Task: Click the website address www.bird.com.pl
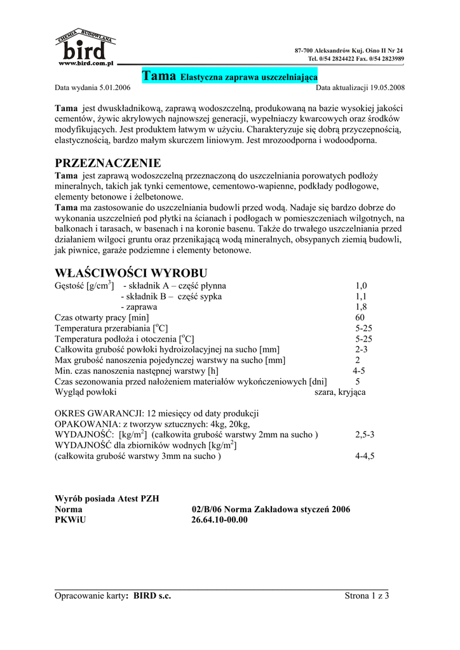85,63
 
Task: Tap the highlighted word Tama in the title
159,76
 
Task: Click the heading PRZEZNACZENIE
108,163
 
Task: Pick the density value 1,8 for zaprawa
362,307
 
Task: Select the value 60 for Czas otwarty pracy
360,317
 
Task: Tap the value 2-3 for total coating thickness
362,349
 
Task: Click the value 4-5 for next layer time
360,371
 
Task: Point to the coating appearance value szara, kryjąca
340,392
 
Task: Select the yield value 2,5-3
365,435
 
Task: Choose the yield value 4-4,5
365,456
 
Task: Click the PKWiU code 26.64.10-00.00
219,520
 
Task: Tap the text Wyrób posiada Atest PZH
107,498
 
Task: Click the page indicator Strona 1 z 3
367,595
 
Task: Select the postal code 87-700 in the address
306,50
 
